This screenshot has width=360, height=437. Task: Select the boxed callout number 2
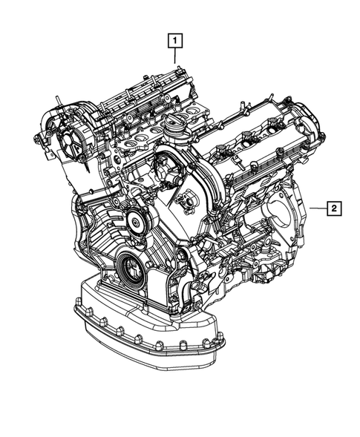(335, 208)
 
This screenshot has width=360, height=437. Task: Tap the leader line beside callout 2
(318, 208)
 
